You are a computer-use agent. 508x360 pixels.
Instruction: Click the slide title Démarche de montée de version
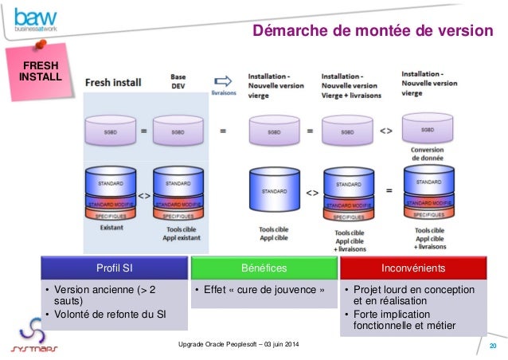pos(373,31)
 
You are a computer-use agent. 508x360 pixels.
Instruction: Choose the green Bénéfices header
pos(263,268)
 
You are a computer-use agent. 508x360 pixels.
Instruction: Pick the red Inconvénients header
pos(412,268)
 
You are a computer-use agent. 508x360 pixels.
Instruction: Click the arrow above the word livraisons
pos(223,80)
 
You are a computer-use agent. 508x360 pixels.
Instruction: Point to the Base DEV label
pos(178,82)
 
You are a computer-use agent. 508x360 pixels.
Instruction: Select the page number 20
pos(492,346)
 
